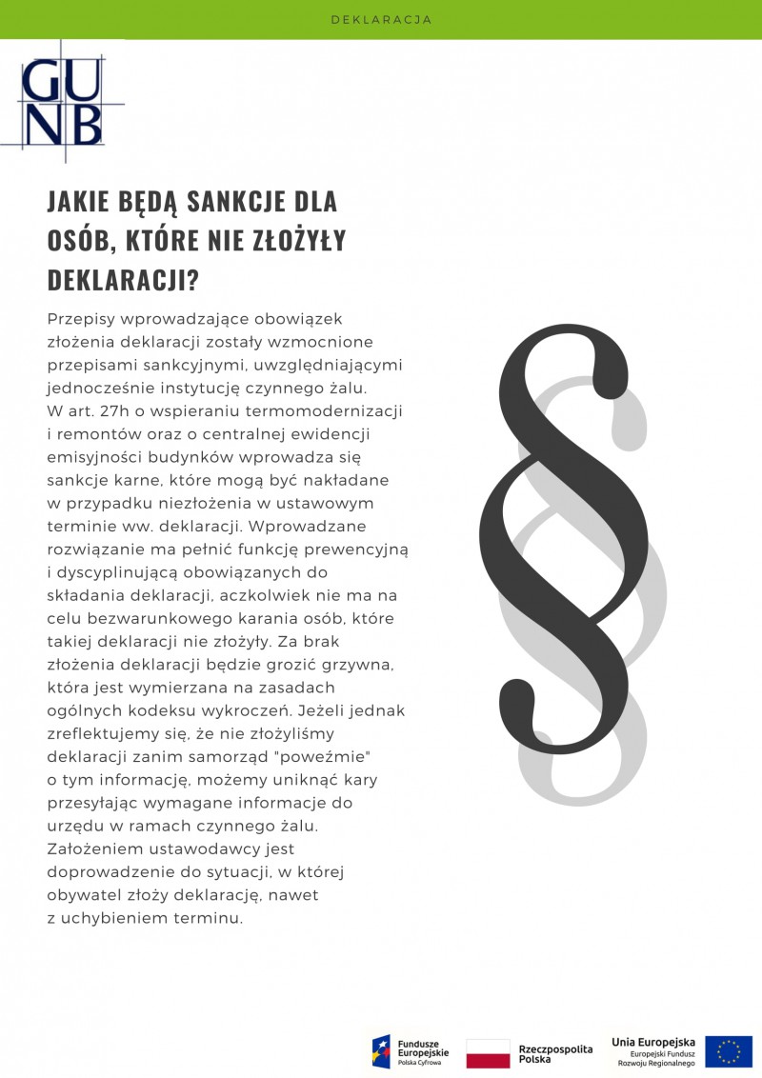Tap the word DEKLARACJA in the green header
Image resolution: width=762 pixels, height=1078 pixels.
pyautogui.click(x=381, y=19)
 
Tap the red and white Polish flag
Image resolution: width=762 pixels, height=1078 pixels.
pyautogui.click(x=488, y=1053)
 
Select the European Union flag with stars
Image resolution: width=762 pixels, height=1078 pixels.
pyautogui.click(x=729, y=1051)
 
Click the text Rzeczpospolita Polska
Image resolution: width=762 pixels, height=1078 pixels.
pyautogui.click(x=555, y=1053)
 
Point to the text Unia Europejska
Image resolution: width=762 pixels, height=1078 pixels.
pyautogui.click(x=653, y=1042)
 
